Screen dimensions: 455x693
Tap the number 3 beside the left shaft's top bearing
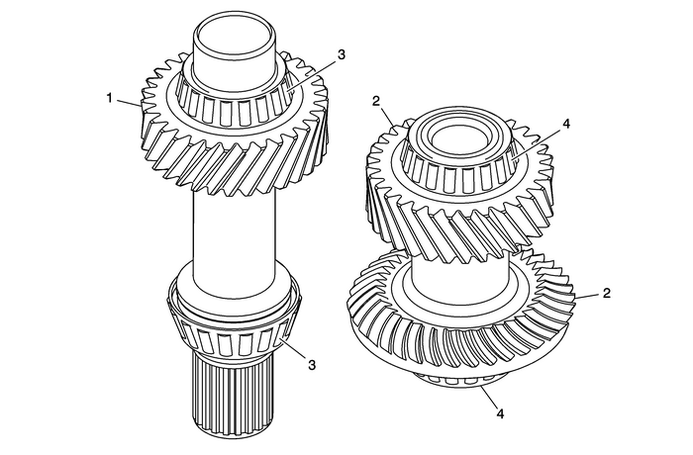(x=340, y=54)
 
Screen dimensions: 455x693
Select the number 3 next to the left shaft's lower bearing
(x=312, y=365)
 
